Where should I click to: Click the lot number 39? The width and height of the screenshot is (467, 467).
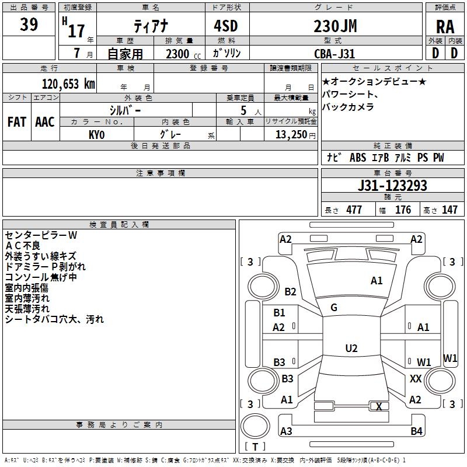tap(29, 24)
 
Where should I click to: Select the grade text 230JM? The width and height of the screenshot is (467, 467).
tap(335, 26)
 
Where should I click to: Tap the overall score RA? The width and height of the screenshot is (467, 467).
tap(445, 27)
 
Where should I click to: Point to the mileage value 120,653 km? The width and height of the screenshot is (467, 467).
tap(68, 84)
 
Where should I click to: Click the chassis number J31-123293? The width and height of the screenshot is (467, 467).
tap(392, 186)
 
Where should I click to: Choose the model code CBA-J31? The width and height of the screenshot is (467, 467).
tap(334, 54)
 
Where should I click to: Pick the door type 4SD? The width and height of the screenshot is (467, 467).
tap(226, 26)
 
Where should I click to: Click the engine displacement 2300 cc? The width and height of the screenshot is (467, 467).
tap(183, 54)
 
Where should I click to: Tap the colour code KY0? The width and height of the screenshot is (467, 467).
tap(97, 135)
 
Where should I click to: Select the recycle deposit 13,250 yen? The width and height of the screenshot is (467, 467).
tap(295, 135)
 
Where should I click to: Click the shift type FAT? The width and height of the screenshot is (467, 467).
tap(17, 122)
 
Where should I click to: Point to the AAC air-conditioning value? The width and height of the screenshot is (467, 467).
tap(45, 122)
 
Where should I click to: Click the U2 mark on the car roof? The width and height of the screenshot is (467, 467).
tap(351, 348)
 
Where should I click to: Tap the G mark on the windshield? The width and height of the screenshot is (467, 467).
tap(334, 308)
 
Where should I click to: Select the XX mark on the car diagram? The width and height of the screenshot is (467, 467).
tap(416, 378)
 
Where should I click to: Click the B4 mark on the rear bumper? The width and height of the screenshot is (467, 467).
tap(416, 431)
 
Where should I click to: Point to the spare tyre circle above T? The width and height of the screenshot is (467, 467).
tap(255, 426)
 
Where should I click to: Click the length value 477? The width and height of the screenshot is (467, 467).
tap(354, 210)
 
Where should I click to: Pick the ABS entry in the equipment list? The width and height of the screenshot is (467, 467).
tap(358, 158)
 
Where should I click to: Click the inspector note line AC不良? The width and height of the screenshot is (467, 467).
tap(23, 246)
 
